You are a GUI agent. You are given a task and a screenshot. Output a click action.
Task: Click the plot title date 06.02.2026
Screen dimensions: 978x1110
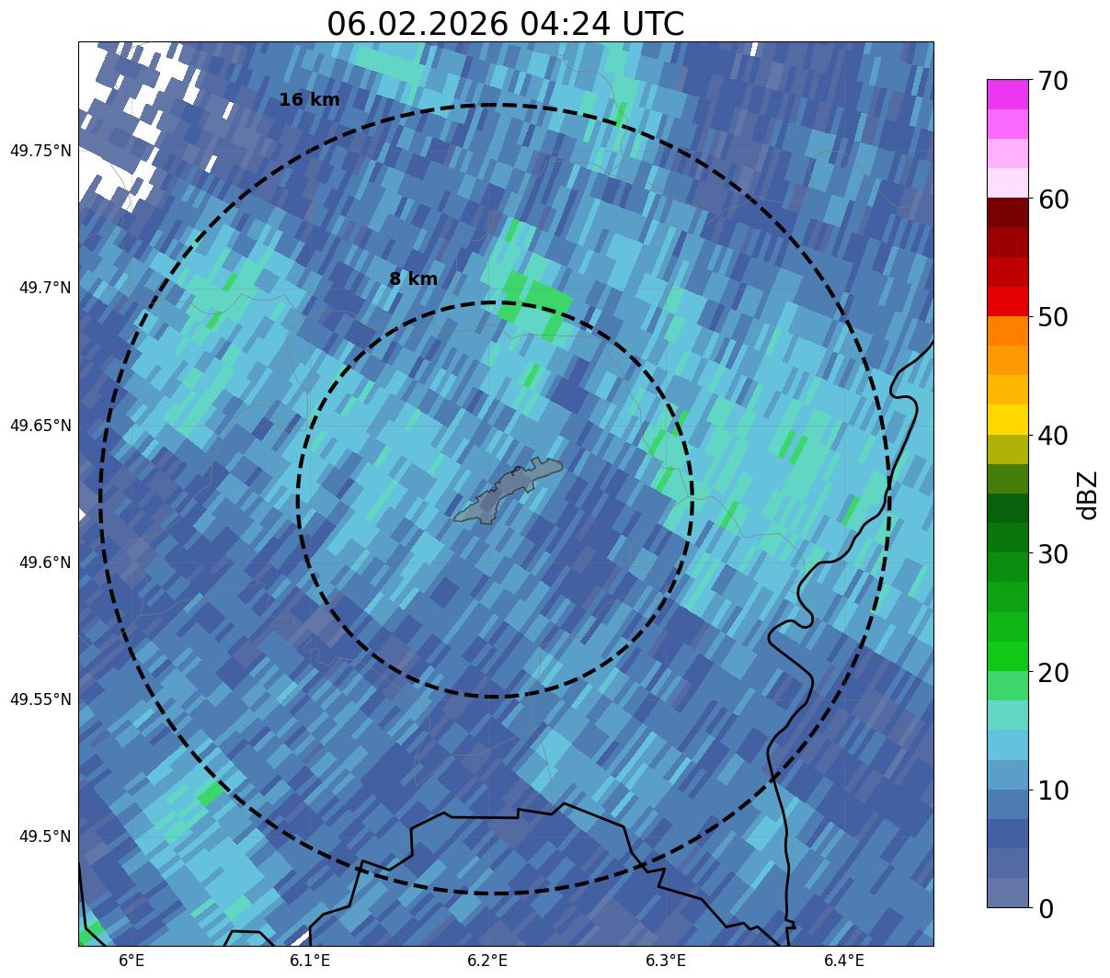[x=417, y=24]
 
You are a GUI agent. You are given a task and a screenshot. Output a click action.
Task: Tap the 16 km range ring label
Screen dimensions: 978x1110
[x=309, y=100]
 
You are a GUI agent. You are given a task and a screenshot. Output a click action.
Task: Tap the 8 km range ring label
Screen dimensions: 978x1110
[x=413, y=279]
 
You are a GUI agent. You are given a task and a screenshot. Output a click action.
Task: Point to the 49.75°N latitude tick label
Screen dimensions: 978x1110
[x=40, y=151]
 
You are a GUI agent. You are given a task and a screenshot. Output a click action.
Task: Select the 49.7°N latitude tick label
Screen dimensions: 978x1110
[x=45, y=288]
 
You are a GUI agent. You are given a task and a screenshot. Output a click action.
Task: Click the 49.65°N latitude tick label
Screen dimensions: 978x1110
[x=40, y=426]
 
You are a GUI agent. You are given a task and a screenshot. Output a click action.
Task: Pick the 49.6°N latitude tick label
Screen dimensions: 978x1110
[x=45, y=563]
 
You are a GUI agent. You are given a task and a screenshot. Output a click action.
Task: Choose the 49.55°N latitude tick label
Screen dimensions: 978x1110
[x=40, y=699]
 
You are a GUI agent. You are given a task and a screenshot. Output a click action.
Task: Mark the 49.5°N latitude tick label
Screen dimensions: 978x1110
[x=45, y=836]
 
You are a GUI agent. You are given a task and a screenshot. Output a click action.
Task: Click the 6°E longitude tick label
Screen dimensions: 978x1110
[x=132, y=961]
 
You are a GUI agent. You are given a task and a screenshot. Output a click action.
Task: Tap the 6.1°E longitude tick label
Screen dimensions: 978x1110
[x=310, y=961]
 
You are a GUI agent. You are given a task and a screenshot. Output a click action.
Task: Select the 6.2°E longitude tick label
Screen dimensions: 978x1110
[x=487, y=961]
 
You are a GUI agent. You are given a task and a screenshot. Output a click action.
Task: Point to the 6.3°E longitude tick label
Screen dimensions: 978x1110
[x=666, y=961]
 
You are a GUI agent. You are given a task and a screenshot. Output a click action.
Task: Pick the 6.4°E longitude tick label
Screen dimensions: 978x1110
[x=843, y=961]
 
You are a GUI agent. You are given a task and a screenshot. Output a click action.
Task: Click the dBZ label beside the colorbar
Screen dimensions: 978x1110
[x=1089, y=495]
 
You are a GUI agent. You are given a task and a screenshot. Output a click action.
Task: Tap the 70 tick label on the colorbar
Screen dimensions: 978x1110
[x=1053, y=82]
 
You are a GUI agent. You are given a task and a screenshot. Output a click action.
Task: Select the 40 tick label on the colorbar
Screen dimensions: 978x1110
[x=1053, y=436]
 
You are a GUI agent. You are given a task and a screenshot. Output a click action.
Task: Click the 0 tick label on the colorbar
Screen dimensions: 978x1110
[x=1046, y=909]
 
